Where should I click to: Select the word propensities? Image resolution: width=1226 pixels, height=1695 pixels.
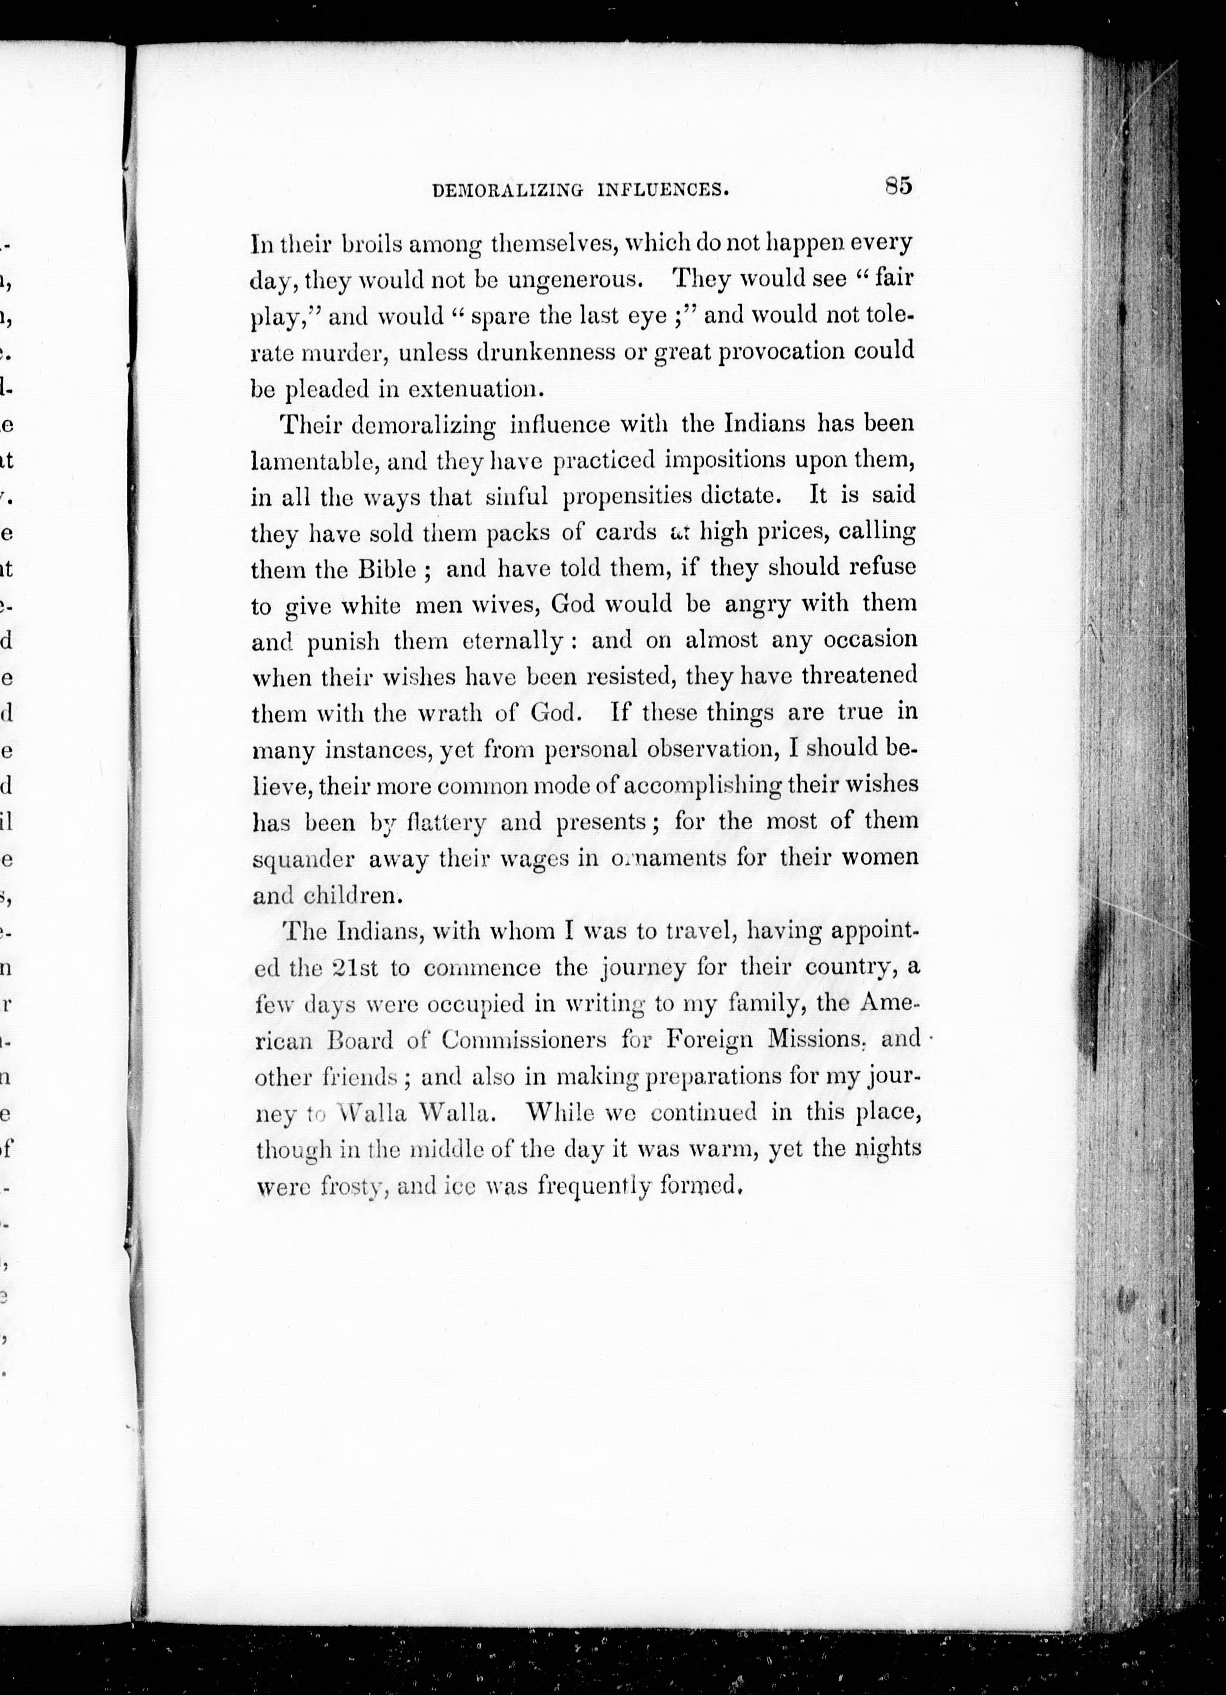626,496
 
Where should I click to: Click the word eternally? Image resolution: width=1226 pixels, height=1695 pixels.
513,641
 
